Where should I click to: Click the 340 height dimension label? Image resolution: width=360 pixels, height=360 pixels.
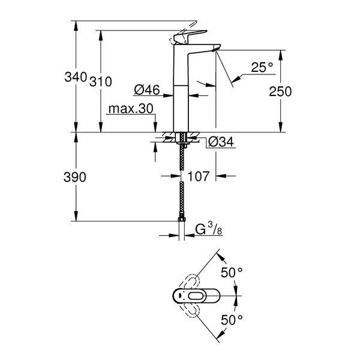76,77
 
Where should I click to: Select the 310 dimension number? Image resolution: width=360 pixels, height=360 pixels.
100,82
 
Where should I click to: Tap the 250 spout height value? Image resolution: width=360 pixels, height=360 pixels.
280,91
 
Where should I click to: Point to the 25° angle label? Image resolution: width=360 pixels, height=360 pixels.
262,67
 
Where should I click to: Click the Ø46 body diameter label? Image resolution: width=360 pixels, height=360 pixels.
147,89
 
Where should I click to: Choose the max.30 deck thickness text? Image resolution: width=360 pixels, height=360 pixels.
131,109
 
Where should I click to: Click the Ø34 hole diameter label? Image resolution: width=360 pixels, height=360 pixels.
221,142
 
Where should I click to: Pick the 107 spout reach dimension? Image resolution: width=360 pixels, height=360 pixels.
199,176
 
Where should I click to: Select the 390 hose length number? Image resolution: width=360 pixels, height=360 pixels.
75,177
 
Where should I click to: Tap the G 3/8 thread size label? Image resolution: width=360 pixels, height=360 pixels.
209,229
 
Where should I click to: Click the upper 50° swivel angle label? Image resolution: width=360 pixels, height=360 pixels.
232,273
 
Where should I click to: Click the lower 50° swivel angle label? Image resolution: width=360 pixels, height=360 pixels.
232,320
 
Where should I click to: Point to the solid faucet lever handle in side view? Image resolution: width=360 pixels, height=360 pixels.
190,37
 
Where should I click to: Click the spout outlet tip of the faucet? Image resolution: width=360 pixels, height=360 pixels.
215,49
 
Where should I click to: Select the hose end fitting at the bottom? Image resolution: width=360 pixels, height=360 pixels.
182,220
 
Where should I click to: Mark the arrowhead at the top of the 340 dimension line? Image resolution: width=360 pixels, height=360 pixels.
76,25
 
